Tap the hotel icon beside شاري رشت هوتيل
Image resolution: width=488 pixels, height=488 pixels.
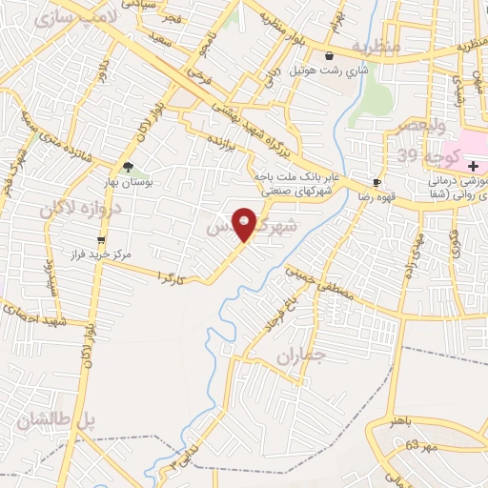pyautogui.click(x=330, y=56)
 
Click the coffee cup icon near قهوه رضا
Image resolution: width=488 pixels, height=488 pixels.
pyautogui.click(x=377, y=181)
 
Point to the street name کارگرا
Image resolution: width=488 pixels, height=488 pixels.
pyautogui.click(x=172, y=278)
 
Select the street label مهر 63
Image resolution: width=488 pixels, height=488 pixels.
pyautogui.click(x=419, y=445)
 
